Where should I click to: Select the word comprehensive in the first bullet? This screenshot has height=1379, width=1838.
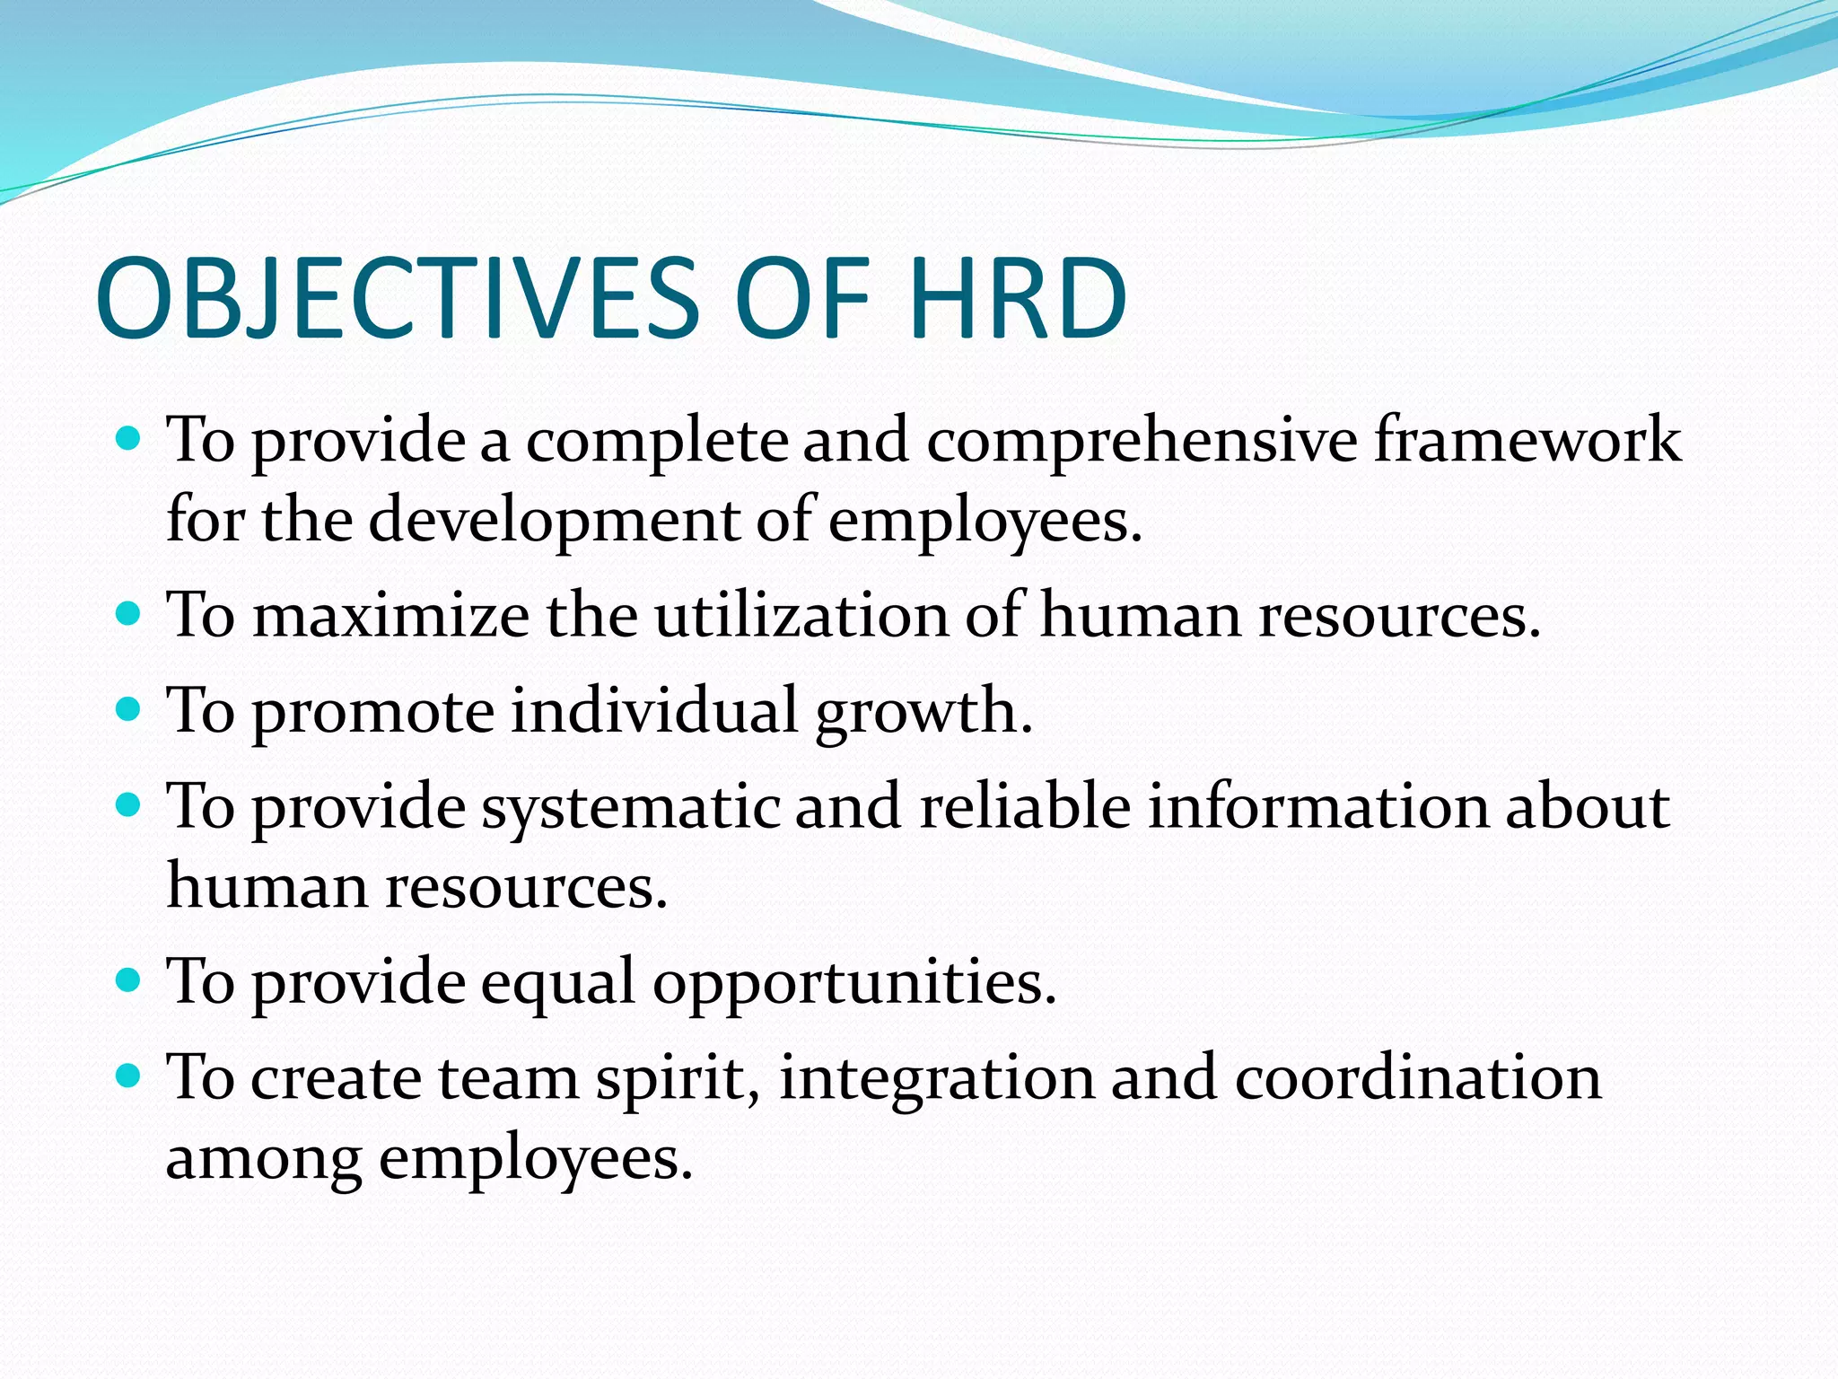tap(1141, 441)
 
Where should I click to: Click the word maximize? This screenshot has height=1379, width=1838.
tap(390, 617)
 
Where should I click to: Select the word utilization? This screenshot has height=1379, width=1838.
tap(800, 617)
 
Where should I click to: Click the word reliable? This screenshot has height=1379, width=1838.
tap(1024, 805)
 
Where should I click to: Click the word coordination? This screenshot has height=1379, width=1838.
tap(1417, 1077)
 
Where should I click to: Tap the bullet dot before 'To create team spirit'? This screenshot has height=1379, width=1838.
tap(129, 1075)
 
